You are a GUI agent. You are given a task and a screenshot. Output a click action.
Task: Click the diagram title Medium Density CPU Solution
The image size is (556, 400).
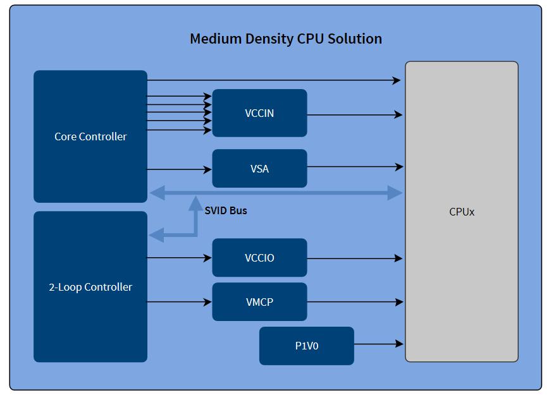point(285,39)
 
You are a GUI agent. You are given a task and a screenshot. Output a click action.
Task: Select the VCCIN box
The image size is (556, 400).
point(259,113)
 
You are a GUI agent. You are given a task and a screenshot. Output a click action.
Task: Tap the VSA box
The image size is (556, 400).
point(259,169)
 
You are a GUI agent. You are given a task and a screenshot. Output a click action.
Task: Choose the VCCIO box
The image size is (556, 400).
point(259,258)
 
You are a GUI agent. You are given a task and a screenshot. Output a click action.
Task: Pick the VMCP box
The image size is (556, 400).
point(259,302)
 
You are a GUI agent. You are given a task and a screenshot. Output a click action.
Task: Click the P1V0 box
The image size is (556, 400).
point(306,346)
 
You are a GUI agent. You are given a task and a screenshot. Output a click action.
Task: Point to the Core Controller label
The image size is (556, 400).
point(90,136)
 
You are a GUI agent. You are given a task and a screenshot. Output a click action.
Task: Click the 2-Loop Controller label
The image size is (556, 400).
point(90,287)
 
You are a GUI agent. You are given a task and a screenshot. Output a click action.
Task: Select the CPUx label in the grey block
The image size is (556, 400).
point(462,212)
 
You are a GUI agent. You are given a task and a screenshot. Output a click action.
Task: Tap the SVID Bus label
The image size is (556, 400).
point(226,210)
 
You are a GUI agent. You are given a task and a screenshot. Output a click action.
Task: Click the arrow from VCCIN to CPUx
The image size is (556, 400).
point(355,115)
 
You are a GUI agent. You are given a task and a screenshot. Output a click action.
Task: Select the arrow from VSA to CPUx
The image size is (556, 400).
point(355,167)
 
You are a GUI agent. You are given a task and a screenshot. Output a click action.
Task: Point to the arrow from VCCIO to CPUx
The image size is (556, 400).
point(355,258)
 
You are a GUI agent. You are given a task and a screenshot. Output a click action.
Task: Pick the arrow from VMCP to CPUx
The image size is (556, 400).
point(355,302)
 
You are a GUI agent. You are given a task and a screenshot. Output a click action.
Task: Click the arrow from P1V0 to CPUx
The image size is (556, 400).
point(378,344)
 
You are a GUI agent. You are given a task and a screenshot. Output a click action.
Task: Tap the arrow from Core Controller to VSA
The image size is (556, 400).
point(179,169)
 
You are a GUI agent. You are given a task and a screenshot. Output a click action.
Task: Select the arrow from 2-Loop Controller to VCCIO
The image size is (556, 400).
point(179,258)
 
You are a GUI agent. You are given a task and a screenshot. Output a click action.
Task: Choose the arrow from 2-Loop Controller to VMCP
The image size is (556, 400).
point(179,302)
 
